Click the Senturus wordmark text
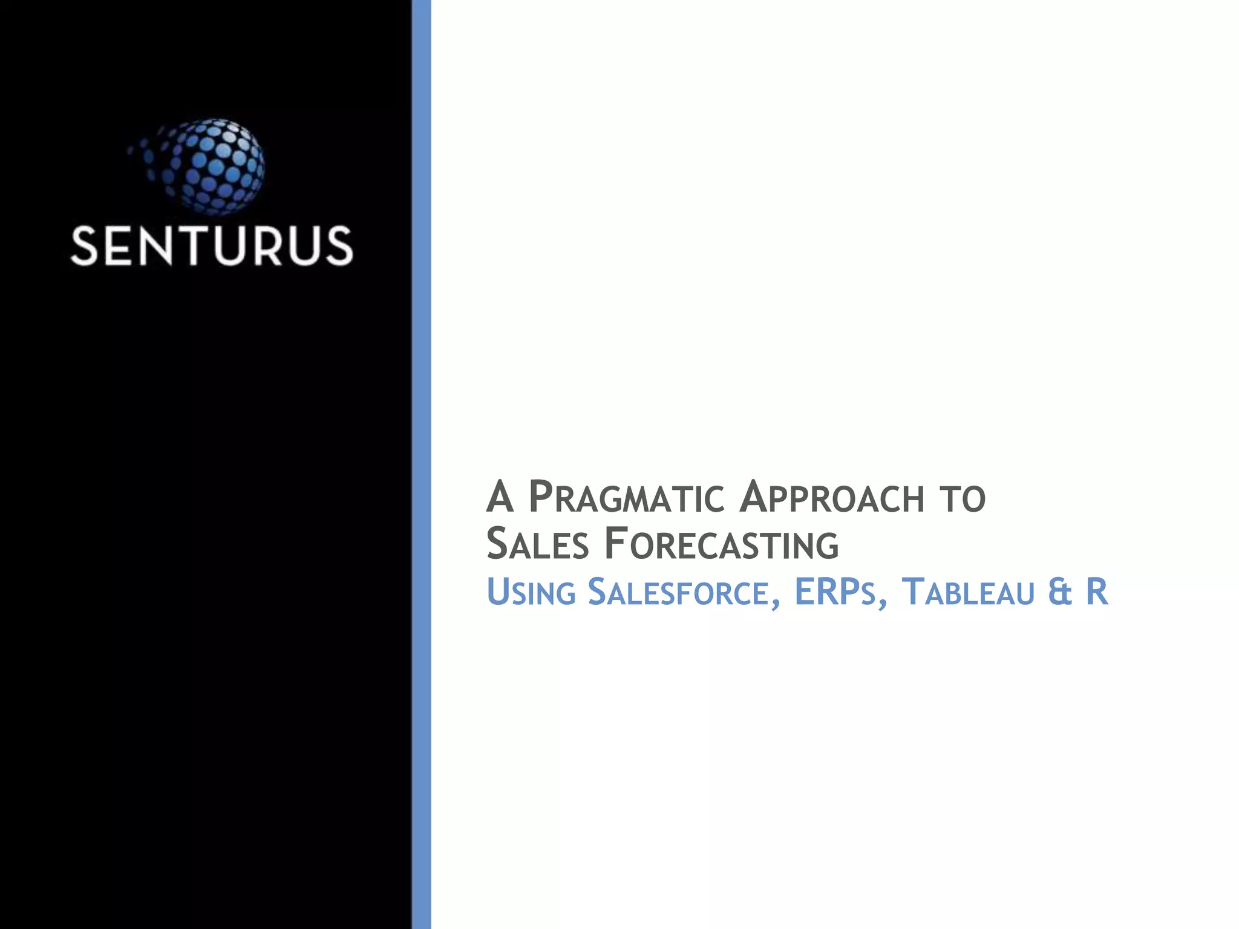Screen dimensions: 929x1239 (x=211, y=246)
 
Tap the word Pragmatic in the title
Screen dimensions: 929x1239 (x=626, y=498)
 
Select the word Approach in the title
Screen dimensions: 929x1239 (x=832, y=498)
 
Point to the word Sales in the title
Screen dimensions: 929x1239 (x=537, y=544)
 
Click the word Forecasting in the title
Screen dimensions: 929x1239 (x=722, y=544)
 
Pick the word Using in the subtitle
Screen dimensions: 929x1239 (x=531, y=592)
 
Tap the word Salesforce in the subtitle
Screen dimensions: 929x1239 (x=678, y=592)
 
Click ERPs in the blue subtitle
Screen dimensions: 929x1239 (x=835, y=592)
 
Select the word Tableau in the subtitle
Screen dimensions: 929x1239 (x=968, y=592)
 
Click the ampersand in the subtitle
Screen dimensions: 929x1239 (x=1061, y=592)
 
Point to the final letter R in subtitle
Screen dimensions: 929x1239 (x=1097, y=592)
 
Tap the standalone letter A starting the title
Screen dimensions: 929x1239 (x=500, y=497)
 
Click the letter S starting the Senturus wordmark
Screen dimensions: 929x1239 (x=84, y=246)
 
